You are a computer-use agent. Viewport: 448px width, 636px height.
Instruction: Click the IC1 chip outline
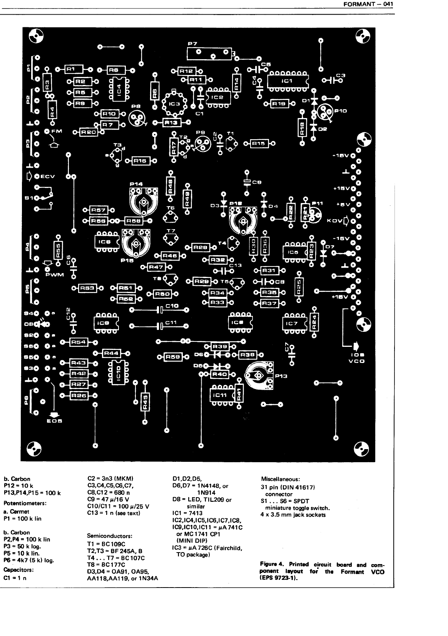(x=288, y=81)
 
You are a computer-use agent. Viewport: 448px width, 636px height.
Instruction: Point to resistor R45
(x=145, y=402)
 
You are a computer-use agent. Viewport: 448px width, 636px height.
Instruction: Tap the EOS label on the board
(x=55, y=421)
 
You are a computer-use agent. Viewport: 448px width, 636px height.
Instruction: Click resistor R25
(x=299, y=285)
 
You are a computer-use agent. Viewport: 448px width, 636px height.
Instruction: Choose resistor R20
(x=88, y=132)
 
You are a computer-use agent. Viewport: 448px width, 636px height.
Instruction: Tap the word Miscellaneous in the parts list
(x=280, y=479)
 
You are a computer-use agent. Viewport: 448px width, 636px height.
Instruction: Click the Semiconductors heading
(x=110, y=535)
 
